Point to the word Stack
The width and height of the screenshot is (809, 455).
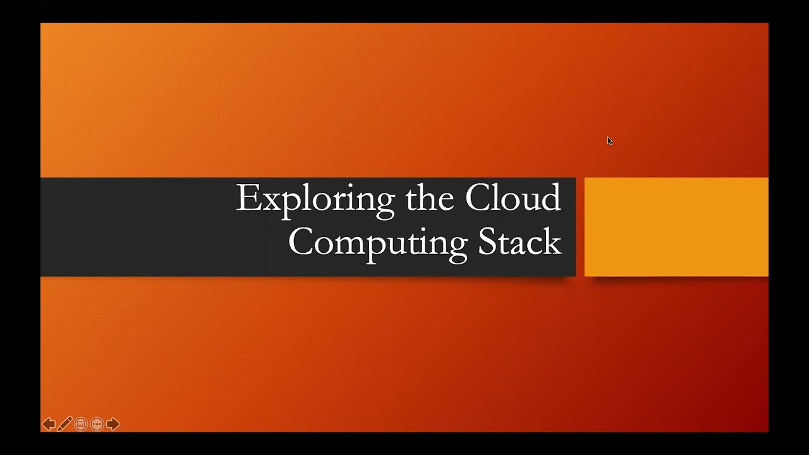click(520, 242)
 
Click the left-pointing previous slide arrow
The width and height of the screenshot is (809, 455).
click(49, 424)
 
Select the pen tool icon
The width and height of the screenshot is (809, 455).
click(64, 424)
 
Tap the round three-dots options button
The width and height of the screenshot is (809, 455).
click(97, 424)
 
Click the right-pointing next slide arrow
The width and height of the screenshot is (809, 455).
click(113, 424)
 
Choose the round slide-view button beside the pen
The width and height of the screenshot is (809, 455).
click(81, 424)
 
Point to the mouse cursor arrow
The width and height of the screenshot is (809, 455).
click(609, 141)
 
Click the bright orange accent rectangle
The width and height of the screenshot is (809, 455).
click(676, 227)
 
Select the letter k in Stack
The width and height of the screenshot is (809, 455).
click(553, 242)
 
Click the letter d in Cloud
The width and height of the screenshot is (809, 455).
click(551, 197)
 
